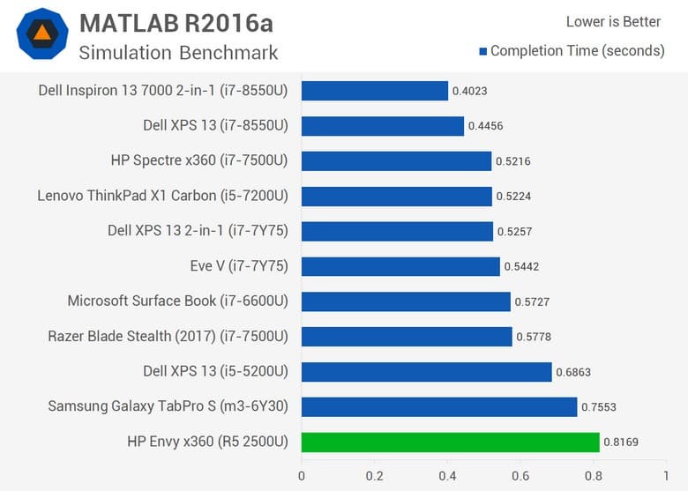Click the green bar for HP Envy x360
[x=450, y=442]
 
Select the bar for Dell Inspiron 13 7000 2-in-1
[x=374, y=90]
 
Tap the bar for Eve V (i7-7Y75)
[x=400, y=266]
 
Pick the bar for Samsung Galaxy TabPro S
[x=439, y=406]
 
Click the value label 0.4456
[x=487, y=126]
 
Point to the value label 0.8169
[x=623, y=443]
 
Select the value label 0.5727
[x=534, y=301]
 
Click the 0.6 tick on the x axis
[x=520, y=475]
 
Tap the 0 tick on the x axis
[x=302, y=475]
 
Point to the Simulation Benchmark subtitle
[x=178, y=52]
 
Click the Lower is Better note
[x=613, y=22]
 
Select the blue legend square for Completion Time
[x=482, y=51]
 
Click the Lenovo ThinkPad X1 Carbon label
[x=162, y=196]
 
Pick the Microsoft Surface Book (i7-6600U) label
[x=177, y=301]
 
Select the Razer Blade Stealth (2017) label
[x=168, y=336]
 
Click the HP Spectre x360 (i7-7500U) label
[x=199, y=160]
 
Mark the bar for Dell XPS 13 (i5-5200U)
[x=426, y=371]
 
